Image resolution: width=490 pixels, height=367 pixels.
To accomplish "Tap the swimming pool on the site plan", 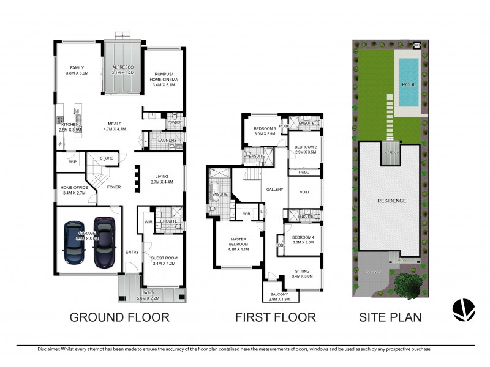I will tap(408, 83).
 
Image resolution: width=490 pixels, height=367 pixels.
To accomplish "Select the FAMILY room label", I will tap(77, 68).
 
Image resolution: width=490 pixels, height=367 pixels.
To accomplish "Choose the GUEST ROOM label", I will tap(164, 258).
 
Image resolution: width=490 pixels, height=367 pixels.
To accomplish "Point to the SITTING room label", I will tap(301, 271).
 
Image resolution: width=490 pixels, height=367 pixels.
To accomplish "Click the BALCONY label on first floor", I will tap(282, 294).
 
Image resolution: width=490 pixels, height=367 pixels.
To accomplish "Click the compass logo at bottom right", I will tap(464, 310).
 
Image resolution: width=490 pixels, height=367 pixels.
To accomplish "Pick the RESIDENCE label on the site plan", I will tap(391, 201).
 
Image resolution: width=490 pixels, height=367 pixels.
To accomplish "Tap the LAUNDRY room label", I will tap(167, 141).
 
